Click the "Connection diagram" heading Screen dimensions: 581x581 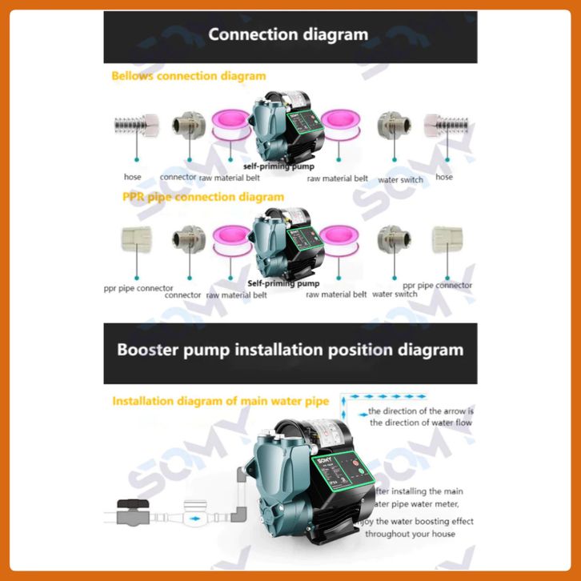tap(288, 34)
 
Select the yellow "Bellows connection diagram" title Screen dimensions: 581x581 tap(188, 76)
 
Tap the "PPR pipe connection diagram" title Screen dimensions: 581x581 tap(203, 197)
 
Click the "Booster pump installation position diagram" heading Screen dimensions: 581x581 tap(290, 350)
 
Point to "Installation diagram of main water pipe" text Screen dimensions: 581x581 tap(223, 401)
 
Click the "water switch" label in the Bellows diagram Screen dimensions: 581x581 tap(400, 180)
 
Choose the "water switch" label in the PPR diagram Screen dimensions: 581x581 tap(395, 294)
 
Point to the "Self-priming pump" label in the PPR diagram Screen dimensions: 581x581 tap(283, 283)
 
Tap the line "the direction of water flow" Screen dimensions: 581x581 tap(420, 423)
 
